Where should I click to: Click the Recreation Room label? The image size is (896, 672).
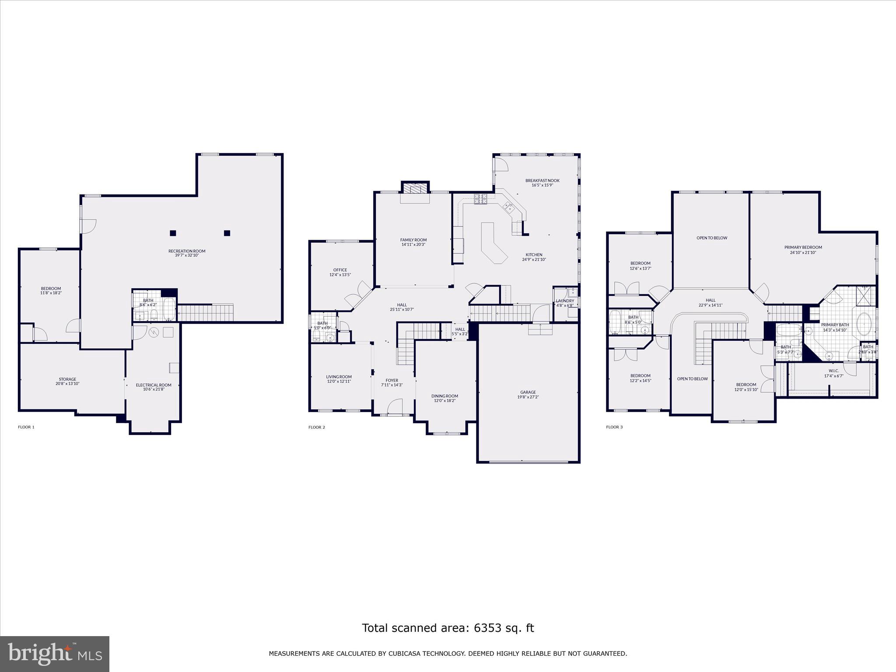click(x=187, y=251)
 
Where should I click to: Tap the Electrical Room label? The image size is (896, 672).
click(x=154, y=385)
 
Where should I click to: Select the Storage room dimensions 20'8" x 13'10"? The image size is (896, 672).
click(x=67, y=384)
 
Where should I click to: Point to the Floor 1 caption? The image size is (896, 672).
click(x=26, y=427)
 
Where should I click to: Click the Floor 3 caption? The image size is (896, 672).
click(x=614, y=427)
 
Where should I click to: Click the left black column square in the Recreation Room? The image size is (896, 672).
click(x=173, y=233)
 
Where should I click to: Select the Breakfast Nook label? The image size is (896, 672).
click(x=542, y=180)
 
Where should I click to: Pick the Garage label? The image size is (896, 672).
click(x=528, y=392)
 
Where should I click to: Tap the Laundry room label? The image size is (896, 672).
click(x=565, y=301)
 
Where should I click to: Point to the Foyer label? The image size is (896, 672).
click(x=392, y=380)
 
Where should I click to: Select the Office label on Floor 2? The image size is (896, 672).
click(x=340, y=270)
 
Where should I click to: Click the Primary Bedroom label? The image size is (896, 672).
click(x=803, y=247)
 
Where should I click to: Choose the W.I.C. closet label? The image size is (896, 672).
click(x=833, y=371)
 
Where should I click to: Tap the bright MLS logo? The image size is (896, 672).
click(x=55, y=654)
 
